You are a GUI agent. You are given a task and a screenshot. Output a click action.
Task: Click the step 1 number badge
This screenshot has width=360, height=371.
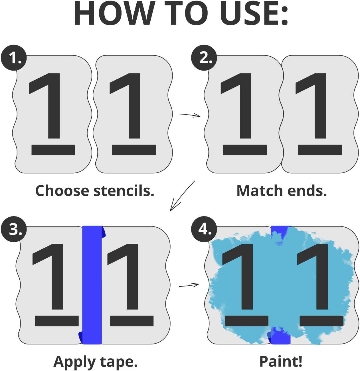pyautogui.click(x=14, y=58)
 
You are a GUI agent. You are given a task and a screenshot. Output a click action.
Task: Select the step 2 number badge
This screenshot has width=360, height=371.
pyautogui.click(x=204, y=58)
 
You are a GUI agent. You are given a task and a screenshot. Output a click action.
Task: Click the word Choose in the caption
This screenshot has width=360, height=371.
pyautogui.click(x=62, y=191)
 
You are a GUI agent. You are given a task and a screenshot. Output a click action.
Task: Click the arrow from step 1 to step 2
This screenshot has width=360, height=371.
pyautogui.click(x=190, y=115)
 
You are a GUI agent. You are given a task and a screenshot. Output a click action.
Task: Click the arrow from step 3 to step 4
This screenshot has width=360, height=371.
pyautogui.click(x=189, y=285)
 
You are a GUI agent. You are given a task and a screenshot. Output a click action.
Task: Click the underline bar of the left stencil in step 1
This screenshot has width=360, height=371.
pyautogui.click(x=53, y=150)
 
